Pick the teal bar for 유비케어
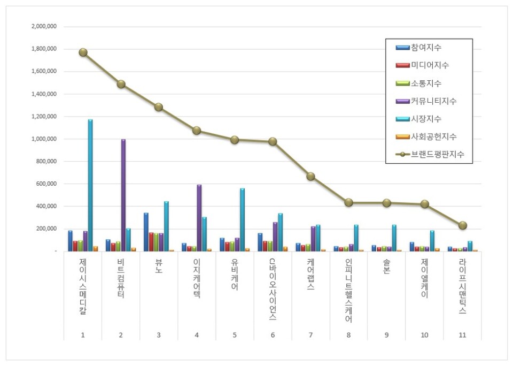point(242,219)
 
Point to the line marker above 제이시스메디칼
point(83,52)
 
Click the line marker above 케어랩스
point(310,177)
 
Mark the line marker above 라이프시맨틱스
point(463,225)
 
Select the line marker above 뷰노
point(159,107)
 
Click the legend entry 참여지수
point(426,48)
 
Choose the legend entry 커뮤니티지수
point(433,101)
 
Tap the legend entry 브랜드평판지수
point(437,154)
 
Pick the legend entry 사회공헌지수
point(433,136)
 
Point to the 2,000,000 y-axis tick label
point(45,26)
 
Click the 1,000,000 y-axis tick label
point(45,139)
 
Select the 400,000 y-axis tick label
point(47,207)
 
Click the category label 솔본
point(386,267)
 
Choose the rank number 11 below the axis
point(463,335)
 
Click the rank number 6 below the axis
point(273,335)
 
